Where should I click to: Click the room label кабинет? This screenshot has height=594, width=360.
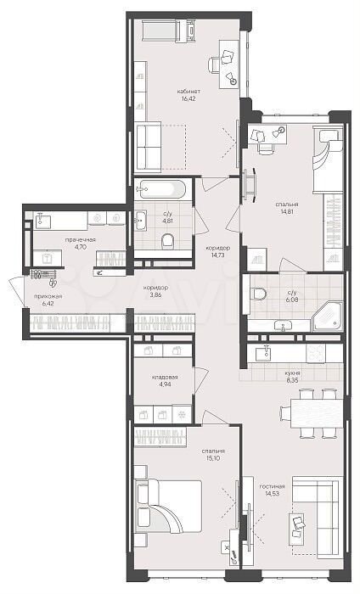click(x=188, y=92)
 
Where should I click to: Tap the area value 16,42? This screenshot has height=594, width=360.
click(x=188, y=99)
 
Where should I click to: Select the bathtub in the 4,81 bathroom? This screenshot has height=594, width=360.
click(x=161, y=188)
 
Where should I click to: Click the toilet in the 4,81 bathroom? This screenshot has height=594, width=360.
click(x=167, y=240)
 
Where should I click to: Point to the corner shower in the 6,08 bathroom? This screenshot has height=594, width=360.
click(x=328, y=317)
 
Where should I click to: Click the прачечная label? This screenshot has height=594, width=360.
click(x=80, y=240)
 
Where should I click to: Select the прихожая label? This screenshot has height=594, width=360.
click(x=48, y=296)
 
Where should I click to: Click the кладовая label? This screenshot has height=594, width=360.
click(x=165, y=378)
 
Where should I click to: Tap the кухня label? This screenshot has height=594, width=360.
click(x=293, y=373)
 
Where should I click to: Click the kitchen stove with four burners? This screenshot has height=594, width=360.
click(x=316, y=354)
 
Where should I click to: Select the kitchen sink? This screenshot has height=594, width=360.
click(x=263, y=354)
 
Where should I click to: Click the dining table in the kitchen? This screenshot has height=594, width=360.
click(x=317, y=413)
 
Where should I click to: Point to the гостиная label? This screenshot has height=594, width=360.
click(x=272, y=486)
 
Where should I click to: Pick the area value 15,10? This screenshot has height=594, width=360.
click(x=213, y=458)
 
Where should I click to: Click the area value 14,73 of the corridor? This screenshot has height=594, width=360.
click(x=217, y=255)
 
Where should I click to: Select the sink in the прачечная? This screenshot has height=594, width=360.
click(x=42, y=221)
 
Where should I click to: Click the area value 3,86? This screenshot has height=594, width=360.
click(x=155, y=295)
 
